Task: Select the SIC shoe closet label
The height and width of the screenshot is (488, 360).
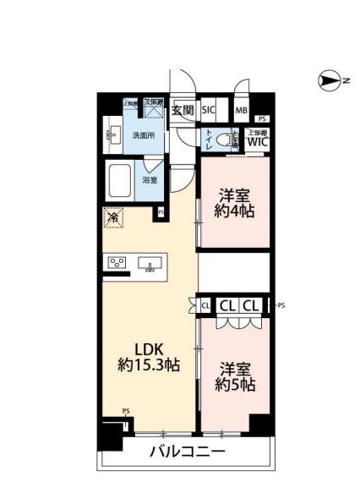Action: [209, 110]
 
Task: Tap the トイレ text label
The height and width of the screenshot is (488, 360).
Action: [208, 139]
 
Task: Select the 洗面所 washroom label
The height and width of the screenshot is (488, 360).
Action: [143, 135]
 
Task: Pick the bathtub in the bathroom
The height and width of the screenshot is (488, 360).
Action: [120, 181]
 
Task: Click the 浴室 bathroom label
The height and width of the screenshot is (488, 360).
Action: [150, 180]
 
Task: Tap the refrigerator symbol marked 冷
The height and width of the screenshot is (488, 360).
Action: [112, 217]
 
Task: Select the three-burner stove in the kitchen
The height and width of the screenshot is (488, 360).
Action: [116, 263]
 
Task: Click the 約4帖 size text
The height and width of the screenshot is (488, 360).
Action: [234, 211]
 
